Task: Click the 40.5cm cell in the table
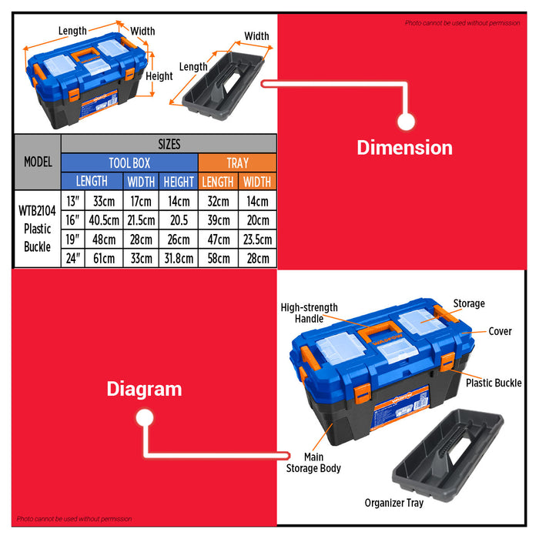click(x=104, y=220)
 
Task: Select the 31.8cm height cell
click(x=179, y=258)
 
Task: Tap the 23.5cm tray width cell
click(x=257, y=239)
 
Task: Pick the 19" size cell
click(x=73, y=239)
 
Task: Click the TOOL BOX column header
click(x=129, y=163)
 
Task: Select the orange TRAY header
click(x=237, y=163)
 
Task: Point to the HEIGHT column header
click(x=179, y=182)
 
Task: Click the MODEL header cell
click(x=38, y=162)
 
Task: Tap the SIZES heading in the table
click(x=169, y=144)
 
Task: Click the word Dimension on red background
click(x=404, y=148)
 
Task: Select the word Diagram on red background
click(x=145, y=389)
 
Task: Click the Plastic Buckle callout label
click(x=494, y=383)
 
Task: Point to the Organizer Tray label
click(x=394, y=503)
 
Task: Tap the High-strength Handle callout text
click(x=309, y=313)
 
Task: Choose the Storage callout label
click(x=469, y=303)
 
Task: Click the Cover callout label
click(x=500, y=331)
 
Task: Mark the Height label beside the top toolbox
click(x=159, y=76)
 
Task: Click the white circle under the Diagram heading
click(x=145, y=418)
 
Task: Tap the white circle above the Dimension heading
click(x=406, y=122)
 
